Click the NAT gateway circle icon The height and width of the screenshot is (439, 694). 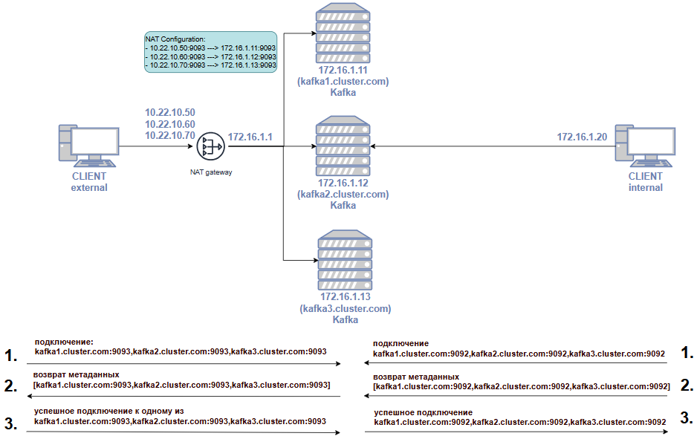pos(211,146)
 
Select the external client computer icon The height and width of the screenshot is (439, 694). pos(89,146)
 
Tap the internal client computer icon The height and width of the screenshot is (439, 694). pos(645,146)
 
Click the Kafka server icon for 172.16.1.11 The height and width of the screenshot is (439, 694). pos(343,33)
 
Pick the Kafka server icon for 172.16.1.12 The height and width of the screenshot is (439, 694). pos(343,146)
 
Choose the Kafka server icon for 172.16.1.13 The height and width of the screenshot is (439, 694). pos(346,260)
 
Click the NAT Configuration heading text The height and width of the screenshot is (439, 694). pos(175,39)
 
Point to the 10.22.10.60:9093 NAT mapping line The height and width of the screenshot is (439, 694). pos(211,56)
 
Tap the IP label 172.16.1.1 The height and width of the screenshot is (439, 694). pos(250,137)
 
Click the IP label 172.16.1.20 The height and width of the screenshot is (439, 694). pos(582,137)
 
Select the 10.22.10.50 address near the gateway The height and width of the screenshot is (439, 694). pos(170,112)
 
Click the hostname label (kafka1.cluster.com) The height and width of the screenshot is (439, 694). pos(343,82)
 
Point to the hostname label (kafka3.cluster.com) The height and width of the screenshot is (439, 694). pos(346,308)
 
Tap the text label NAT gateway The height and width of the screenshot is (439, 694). pos(211,172)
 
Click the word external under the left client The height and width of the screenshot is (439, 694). pos(89,188)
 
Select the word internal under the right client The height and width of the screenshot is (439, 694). pos(646,188)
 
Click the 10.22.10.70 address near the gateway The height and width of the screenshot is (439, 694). pos(170,135)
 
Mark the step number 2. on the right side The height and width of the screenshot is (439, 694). pos(687,385)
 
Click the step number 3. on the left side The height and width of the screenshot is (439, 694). pos(11,423)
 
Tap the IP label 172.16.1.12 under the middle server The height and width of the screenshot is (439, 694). pos(343,183)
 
